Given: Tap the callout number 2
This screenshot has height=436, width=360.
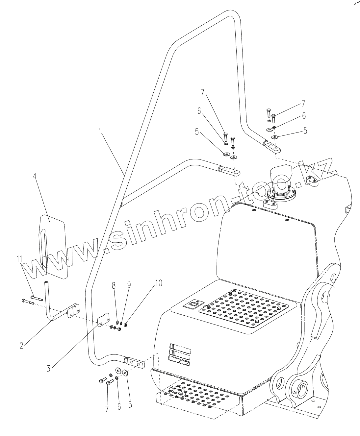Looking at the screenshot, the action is tap(21, 346).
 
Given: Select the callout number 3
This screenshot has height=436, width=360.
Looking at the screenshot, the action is tap(48, 368).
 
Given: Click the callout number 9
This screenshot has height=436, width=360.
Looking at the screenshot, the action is tap(129, 285).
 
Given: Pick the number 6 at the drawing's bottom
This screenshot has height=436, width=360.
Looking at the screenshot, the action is tap(119, 406).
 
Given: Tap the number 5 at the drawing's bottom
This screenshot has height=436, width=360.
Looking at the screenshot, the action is tap(130, 404).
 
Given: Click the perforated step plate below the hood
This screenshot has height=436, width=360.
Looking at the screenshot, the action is tap(197, 398).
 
